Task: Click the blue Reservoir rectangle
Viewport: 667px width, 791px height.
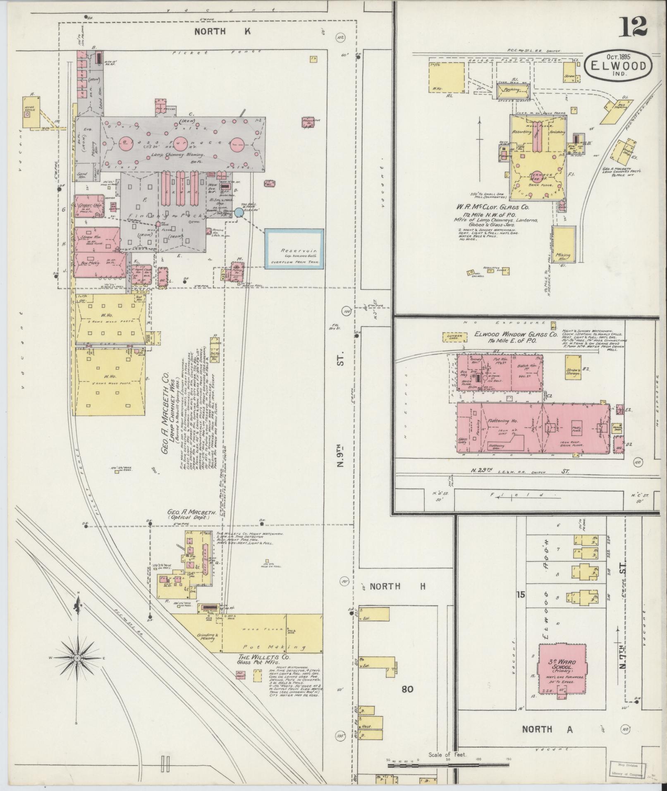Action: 294,249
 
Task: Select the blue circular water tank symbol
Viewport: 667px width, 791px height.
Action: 239,213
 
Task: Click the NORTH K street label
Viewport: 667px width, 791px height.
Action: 222,31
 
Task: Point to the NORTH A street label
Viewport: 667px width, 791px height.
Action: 547,729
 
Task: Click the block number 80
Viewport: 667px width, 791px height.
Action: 407,689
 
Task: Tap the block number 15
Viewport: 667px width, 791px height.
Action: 520,595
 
